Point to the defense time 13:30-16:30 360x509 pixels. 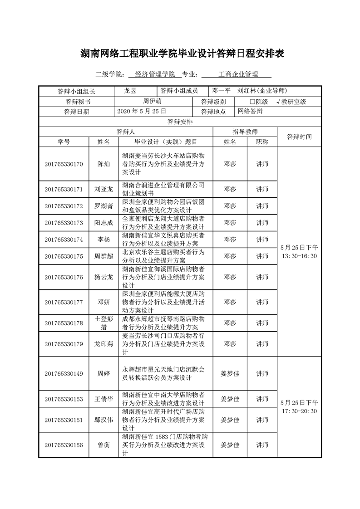(299, 256)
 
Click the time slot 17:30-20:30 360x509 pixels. (299, 411)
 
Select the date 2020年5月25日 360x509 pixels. (142, 111)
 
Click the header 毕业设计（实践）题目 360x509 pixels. (166, 142)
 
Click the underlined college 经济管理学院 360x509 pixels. (155, 74)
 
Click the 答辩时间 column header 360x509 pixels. (299, 136)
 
